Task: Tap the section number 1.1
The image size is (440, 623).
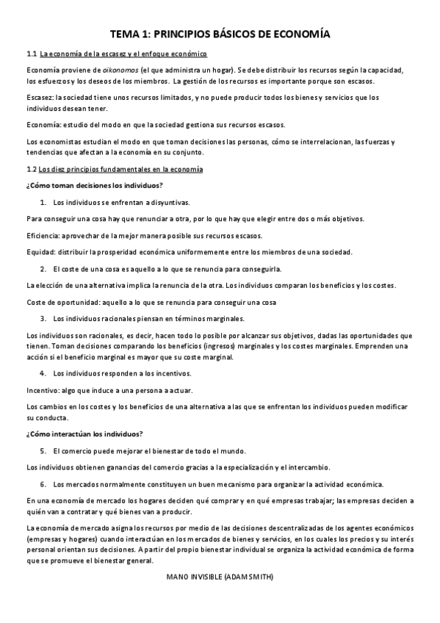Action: click(x=31, y=54)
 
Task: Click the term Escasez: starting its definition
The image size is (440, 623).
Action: click(x=41, y=97)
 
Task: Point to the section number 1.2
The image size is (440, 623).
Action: click(x=31, y=169)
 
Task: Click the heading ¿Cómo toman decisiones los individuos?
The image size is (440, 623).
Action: click(x=94, y=184)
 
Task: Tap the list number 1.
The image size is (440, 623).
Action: click(x=43, y=202)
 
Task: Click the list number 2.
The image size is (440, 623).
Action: click(x=43, y=269)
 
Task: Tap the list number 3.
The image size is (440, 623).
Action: click(x=43, y=319)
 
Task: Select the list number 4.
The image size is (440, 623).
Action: click(x=43, y=373)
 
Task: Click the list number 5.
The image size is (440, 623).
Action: click(x=43, y=450)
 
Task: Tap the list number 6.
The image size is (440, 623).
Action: click(x=43, y=484)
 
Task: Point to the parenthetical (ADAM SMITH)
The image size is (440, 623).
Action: click(x=250, y=577)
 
